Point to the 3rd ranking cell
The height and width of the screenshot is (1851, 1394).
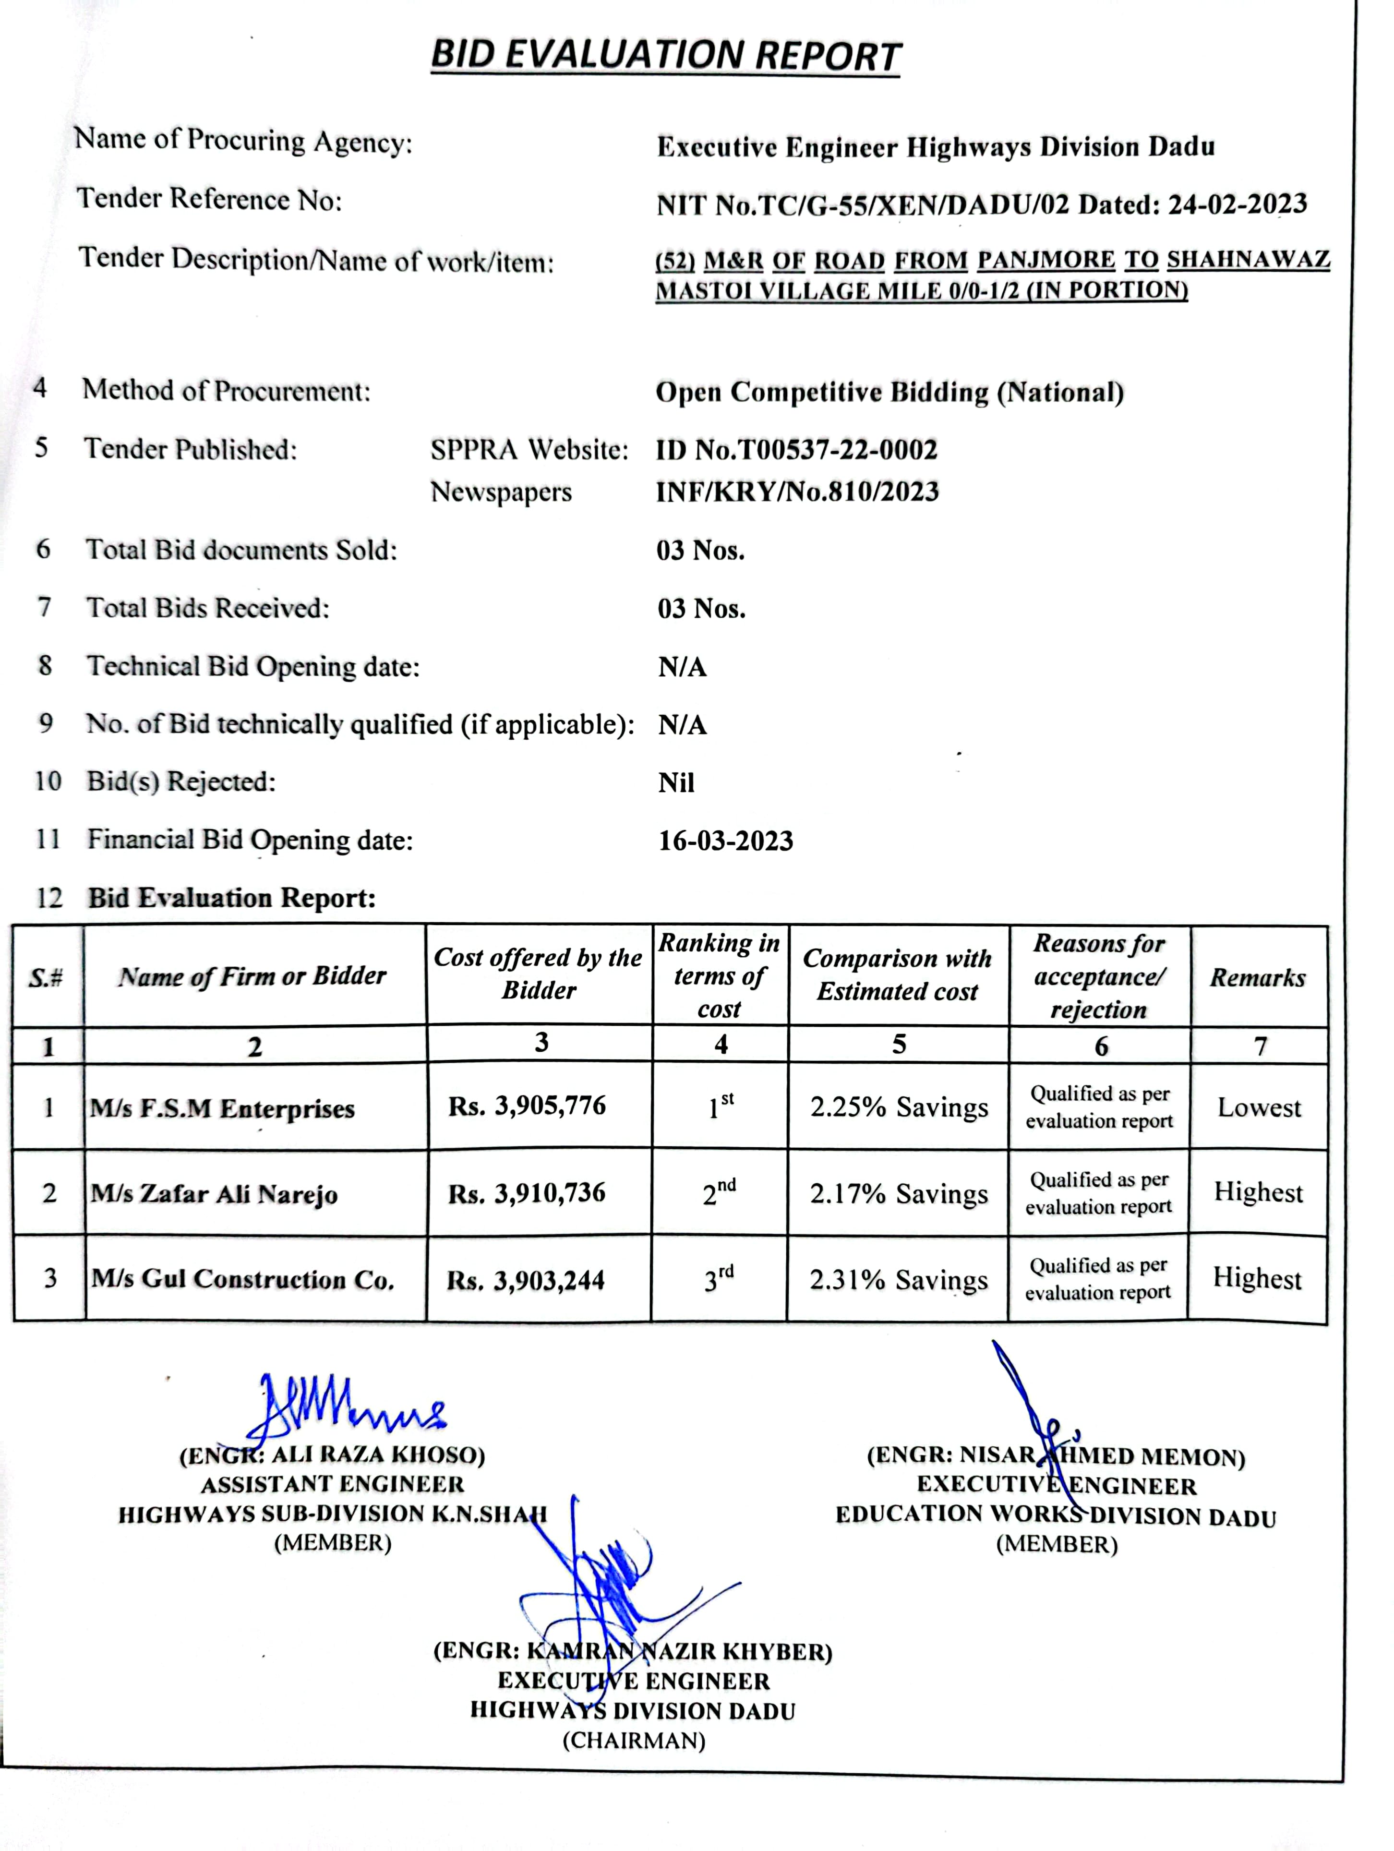719,1279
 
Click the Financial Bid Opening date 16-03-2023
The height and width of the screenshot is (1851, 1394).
725,840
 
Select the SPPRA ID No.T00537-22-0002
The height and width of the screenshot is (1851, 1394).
796,450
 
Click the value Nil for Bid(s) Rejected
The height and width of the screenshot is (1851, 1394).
676,782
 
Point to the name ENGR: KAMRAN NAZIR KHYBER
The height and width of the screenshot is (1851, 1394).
633,1651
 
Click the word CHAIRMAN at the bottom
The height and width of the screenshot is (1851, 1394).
634,1741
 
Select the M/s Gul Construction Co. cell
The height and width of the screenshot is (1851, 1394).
242,1279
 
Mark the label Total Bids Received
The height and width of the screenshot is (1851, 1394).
208,608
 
